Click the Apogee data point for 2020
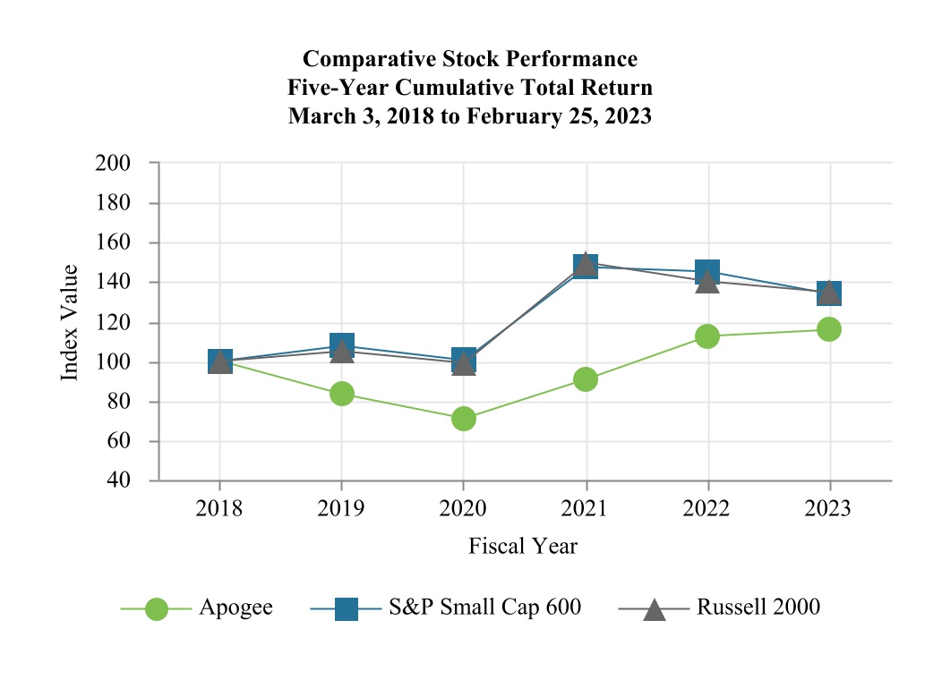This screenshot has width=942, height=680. (464, 418)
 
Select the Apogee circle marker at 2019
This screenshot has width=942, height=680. (341, 394)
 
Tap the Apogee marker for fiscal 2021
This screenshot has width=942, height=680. (586, 379)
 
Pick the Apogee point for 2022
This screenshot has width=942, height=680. (707, 336)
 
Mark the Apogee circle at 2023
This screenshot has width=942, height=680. (829, 329)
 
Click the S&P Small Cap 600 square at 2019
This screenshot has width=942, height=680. (341, 344)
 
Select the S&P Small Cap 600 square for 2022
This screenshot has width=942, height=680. (707, 270)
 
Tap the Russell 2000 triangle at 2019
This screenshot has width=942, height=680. (341, 353)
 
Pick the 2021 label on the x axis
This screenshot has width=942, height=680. (586, 509)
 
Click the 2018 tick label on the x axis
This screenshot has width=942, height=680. (219, 509)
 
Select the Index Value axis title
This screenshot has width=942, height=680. (70, 322)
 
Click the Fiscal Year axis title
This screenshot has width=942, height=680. (524, 546)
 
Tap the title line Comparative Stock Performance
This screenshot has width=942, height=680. (470, 59)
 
